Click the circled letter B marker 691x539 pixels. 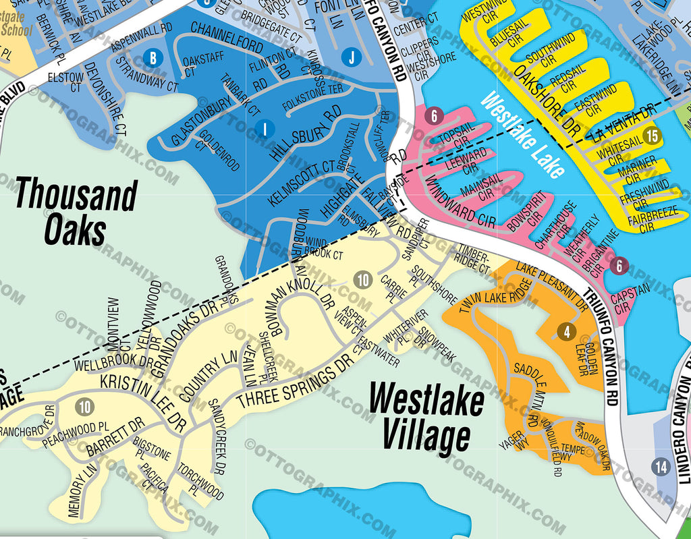153,58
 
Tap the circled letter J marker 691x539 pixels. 351,57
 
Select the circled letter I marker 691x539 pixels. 266,127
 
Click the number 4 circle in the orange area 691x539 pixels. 567,331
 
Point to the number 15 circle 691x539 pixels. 651,136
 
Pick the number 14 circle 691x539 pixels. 661,466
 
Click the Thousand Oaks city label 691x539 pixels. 76,211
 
